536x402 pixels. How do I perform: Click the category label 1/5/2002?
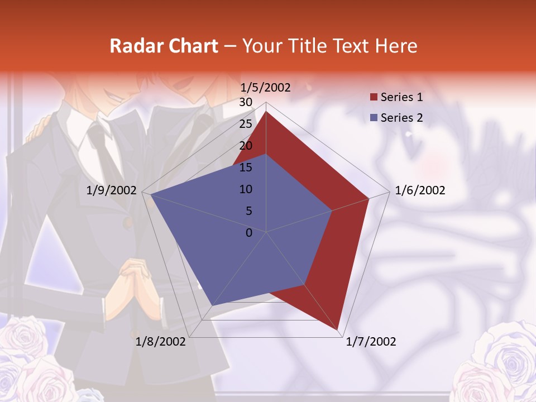pos(265,88)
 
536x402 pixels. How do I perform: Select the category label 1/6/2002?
pos(420,190)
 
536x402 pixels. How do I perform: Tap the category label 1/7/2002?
pos(371,342)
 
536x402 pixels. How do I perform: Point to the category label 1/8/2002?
pos(161,342)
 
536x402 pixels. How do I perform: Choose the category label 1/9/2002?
pos(111,190)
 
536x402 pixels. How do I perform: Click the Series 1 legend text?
pos(401,97)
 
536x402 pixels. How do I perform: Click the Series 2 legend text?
pos(401,118)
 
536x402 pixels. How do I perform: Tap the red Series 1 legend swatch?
pos(374,98)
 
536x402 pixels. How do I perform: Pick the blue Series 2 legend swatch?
pos(374,118)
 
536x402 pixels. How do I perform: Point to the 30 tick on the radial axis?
pos(246,102)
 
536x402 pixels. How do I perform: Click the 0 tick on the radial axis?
pos(249,233)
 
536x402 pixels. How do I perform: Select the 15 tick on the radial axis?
pos(246,167)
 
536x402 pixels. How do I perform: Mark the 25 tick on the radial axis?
pos(246,124)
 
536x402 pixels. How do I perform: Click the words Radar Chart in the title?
pos(164,46)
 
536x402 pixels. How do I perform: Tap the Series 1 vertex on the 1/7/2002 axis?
pos(338,330)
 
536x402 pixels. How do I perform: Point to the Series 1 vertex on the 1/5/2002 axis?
pos(266,111)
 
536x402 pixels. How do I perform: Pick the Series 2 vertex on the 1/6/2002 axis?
pos(332,210)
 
